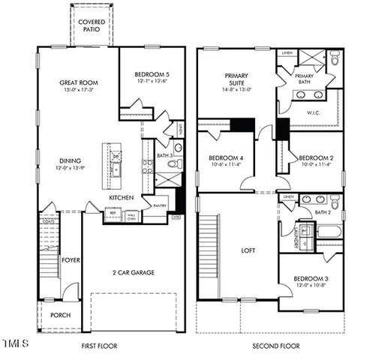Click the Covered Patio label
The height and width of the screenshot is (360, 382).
92,26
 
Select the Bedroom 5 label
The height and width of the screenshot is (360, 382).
152,75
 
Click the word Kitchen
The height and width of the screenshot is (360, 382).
122,197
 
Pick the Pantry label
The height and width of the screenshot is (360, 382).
159,205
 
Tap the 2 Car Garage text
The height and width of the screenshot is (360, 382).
133,272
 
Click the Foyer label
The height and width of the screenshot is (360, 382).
71,260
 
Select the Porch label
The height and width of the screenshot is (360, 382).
60,315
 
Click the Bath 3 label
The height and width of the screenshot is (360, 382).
165,156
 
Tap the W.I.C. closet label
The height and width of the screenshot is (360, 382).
314,113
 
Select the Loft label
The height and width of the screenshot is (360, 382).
249,251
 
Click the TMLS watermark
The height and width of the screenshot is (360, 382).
15,344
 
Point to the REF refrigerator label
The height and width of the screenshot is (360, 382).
114,213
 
